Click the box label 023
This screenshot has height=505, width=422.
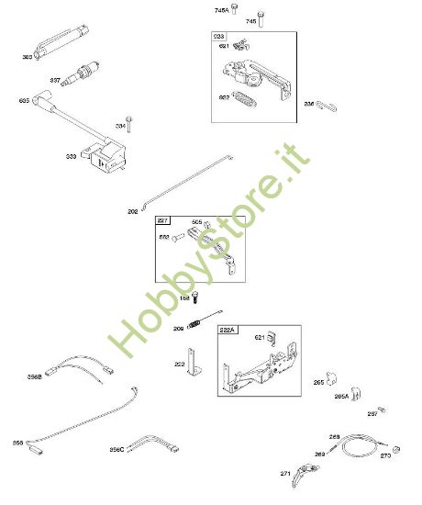click(220, 36)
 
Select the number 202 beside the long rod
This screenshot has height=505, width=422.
click(133, 211)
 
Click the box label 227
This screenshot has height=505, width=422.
click(162, 222)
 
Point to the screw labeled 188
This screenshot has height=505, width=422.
click(195, 297)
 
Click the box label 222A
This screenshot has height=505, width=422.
click(227, 328)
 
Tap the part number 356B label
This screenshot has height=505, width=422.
click(35, 376)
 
